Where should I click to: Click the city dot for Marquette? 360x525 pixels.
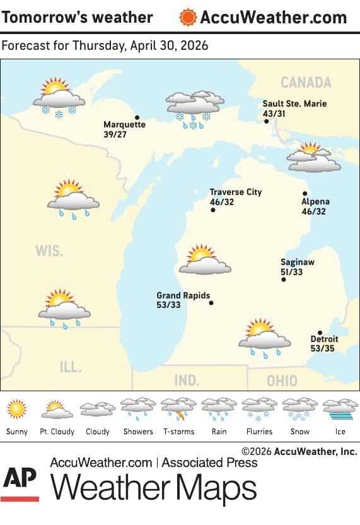coord(137,117)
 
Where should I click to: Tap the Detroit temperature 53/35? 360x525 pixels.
coord(323,348)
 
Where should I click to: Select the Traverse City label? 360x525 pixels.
coord(235,192)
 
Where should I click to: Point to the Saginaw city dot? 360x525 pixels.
coord(284,280)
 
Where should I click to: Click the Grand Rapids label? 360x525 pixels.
coord(183,295)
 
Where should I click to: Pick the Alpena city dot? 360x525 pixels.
coord(305,194)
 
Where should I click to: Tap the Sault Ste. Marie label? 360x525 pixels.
coord(295,103)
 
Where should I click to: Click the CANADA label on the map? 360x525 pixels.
coord(305,83)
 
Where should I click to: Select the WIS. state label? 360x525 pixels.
coord(49,251)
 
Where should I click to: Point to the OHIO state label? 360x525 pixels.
coord(282,381)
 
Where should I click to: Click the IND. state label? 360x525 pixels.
coord(187,380)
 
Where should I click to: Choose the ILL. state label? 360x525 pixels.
coord(71,367)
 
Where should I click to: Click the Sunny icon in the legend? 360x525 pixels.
coord(17,410)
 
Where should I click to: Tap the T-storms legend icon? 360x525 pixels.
coord(178,410)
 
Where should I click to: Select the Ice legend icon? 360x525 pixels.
coord(340,410)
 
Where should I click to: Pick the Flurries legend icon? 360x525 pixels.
coord(259,410)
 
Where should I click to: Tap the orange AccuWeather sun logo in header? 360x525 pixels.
coord(187,17)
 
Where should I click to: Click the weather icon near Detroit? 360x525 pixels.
coord(264,338)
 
